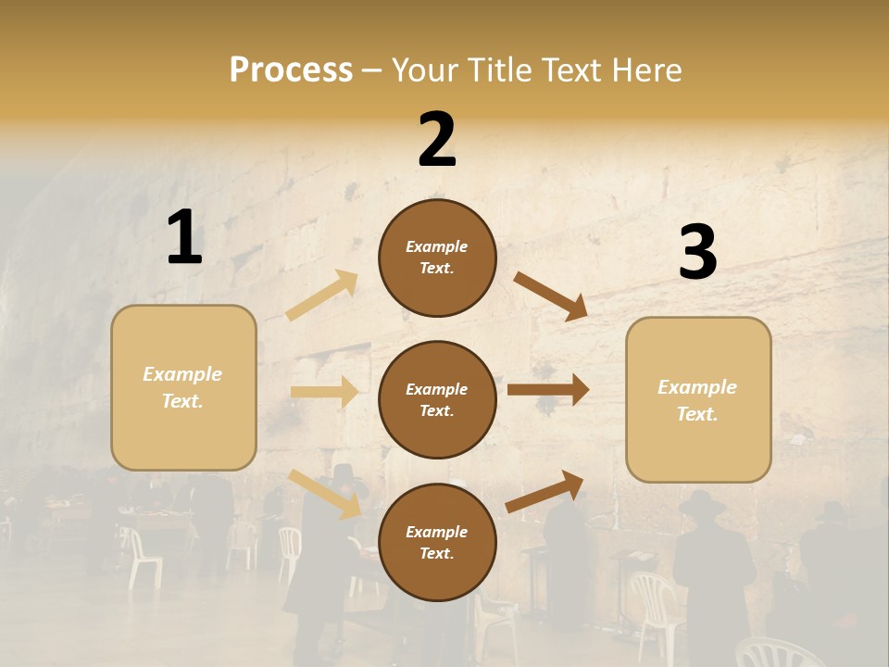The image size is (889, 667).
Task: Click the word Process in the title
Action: pyautogui.click(x=291, y=69)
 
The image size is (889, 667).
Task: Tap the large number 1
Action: pyautogui.click(x=184, y=237)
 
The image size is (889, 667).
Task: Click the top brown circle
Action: pyautogui.click(x=437, y=258)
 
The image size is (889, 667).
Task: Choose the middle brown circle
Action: pyautogui.click(x=437, y=400)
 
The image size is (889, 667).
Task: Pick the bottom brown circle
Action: pyautogui.click(x=437, y=543)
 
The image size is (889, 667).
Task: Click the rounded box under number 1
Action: pyautogui.click(x=183, y=387)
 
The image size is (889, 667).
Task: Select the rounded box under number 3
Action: pyautogui.click(x=698, y=400)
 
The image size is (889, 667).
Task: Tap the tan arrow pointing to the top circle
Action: pyautogui.click(x=322, y=296)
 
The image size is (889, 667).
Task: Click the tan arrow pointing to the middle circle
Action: pyautogui.click(x=324, y=392)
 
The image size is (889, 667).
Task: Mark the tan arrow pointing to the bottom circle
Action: pyautogui.click(x=325, y=493)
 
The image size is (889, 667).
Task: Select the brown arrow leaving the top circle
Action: pyautogui.click(x=550, y=296)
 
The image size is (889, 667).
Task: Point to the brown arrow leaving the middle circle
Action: pyautogui.click(x=547, y=390)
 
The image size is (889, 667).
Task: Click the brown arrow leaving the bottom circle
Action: pyautogui.click(x=545, y=491)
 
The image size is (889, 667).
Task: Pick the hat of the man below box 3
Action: pyautogui.click(x=702, y=503)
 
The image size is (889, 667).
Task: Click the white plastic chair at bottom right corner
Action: pyautogui.click(x=783, y=652)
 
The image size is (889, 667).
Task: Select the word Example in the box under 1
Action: pyautogui.click(x=182, y=374)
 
